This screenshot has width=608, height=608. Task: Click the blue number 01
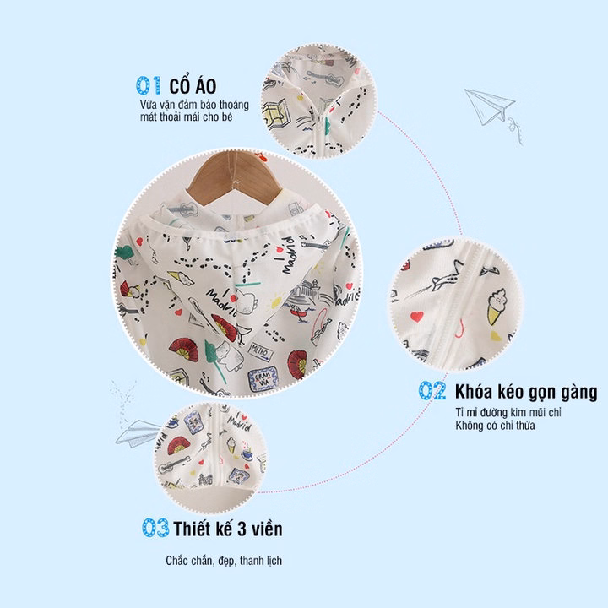point(149,85)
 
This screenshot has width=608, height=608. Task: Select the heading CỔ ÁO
point(193,85)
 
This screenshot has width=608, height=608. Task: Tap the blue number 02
point(432,390)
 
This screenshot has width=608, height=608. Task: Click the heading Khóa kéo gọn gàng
point(526,392)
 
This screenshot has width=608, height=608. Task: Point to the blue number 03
point(155,527)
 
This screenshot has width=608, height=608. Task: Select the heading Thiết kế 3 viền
point(228,528)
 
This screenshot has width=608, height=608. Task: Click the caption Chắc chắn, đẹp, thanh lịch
point(224,561)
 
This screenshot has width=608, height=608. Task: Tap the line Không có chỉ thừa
point(495,426)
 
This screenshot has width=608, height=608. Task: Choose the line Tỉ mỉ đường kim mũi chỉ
point(508,412)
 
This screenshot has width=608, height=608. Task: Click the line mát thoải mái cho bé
point(186,117)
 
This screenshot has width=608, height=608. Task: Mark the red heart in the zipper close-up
point(417,317)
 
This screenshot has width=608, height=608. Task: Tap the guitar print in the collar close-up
point(325,78)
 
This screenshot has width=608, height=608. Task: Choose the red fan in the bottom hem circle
point(178,446)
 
